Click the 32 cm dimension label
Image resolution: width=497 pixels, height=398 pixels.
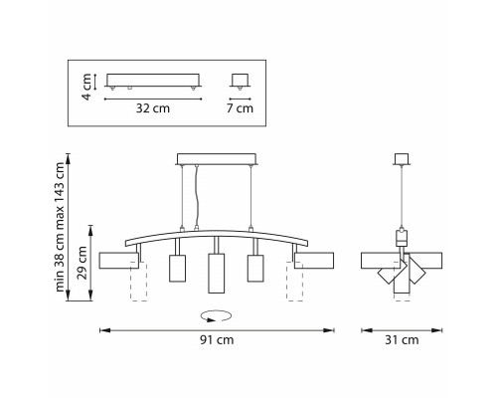click(153, 108)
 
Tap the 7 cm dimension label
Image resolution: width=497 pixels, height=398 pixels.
click(240, 108)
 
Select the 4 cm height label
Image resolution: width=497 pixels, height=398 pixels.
click(86, 87)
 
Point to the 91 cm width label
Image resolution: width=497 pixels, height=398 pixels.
click(217, 340)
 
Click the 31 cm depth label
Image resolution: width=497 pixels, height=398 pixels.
click(402, 340)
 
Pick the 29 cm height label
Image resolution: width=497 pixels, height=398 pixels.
click(83, 263)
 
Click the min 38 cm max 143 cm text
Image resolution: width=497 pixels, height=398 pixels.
click(60, 227)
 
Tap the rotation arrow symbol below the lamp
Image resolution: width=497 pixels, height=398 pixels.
click(216, 316)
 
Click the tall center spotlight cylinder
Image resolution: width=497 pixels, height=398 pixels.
click(217, 274)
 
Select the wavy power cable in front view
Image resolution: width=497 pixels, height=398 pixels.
click(197, 196)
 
